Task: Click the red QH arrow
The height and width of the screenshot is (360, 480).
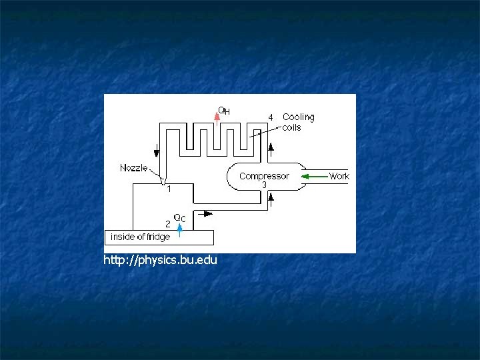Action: (x=217, y=116)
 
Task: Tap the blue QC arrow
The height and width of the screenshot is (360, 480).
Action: (x=179, y=229)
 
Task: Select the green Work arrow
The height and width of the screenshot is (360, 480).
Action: (x=313, y=176)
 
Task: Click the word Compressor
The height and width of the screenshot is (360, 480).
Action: (x=264, y=176)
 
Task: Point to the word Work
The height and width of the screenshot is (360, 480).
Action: (x=339, y=176)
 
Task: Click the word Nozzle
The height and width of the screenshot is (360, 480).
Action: (x=134, y=168)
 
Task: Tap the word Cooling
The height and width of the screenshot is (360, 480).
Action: (x=298, y=117)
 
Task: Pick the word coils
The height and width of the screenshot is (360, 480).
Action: (x=292, y=127)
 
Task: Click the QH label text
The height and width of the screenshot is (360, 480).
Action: (x=225, y=111)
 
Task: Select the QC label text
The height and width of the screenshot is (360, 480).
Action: (x=179, y=217)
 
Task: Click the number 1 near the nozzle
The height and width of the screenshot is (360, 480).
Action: (x=169, y=189)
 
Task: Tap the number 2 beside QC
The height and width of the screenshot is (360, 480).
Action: (x=168, y=223)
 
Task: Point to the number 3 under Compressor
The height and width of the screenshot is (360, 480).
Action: (x=264, y=185)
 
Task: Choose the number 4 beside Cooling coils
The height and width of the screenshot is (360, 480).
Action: (x=271, y=117)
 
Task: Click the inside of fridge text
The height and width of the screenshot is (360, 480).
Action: (x=141, y=237)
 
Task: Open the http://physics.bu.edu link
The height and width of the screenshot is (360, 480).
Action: (x=160, y=259)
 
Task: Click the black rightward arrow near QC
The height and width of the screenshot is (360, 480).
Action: (x=207, y=214)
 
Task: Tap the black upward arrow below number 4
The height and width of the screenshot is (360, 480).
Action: (x=271, y=147)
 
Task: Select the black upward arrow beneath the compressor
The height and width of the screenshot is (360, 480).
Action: (x=271, y=197)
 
